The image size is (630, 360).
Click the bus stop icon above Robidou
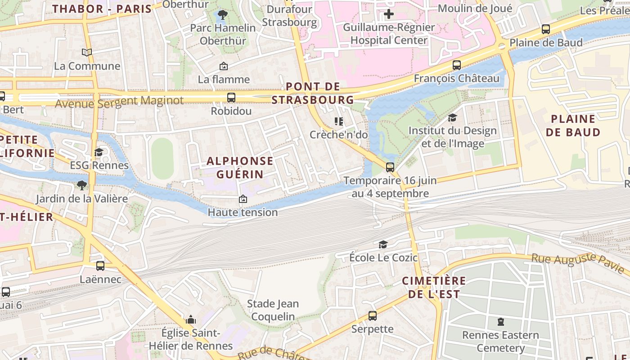(x=231, y=97)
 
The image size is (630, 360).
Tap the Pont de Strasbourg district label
(x=313, y=93)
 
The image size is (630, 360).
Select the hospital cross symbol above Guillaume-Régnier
(x=389, y=14)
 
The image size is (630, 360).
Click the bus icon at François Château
(x=457, y=65)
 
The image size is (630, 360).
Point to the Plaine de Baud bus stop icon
(x=546, y=29)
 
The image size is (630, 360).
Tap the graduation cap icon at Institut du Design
(x=452, y=118)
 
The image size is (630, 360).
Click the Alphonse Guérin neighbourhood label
(x=240, y=167)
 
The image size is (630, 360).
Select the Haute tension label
(x=243, y=212)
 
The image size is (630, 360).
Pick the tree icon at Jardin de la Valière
(x=81, y=185)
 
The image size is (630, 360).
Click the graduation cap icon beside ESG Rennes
(x=99, y=152)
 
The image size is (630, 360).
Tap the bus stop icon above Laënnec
(x=100, y=266)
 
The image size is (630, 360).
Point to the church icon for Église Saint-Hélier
(x=191, y=320)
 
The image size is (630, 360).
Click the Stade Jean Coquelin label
(x=273, y=310)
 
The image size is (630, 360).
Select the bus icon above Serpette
(x=373, y=316)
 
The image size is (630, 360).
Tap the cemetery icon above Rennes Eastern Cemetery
(x=500, y=322)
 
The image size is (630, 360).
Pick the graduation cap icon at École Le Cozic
(x=383, y=244)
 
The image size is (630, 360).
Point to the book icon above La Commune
(x=87, y=53)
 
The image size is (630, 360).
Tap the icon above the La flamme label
(x=223, y=67)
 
